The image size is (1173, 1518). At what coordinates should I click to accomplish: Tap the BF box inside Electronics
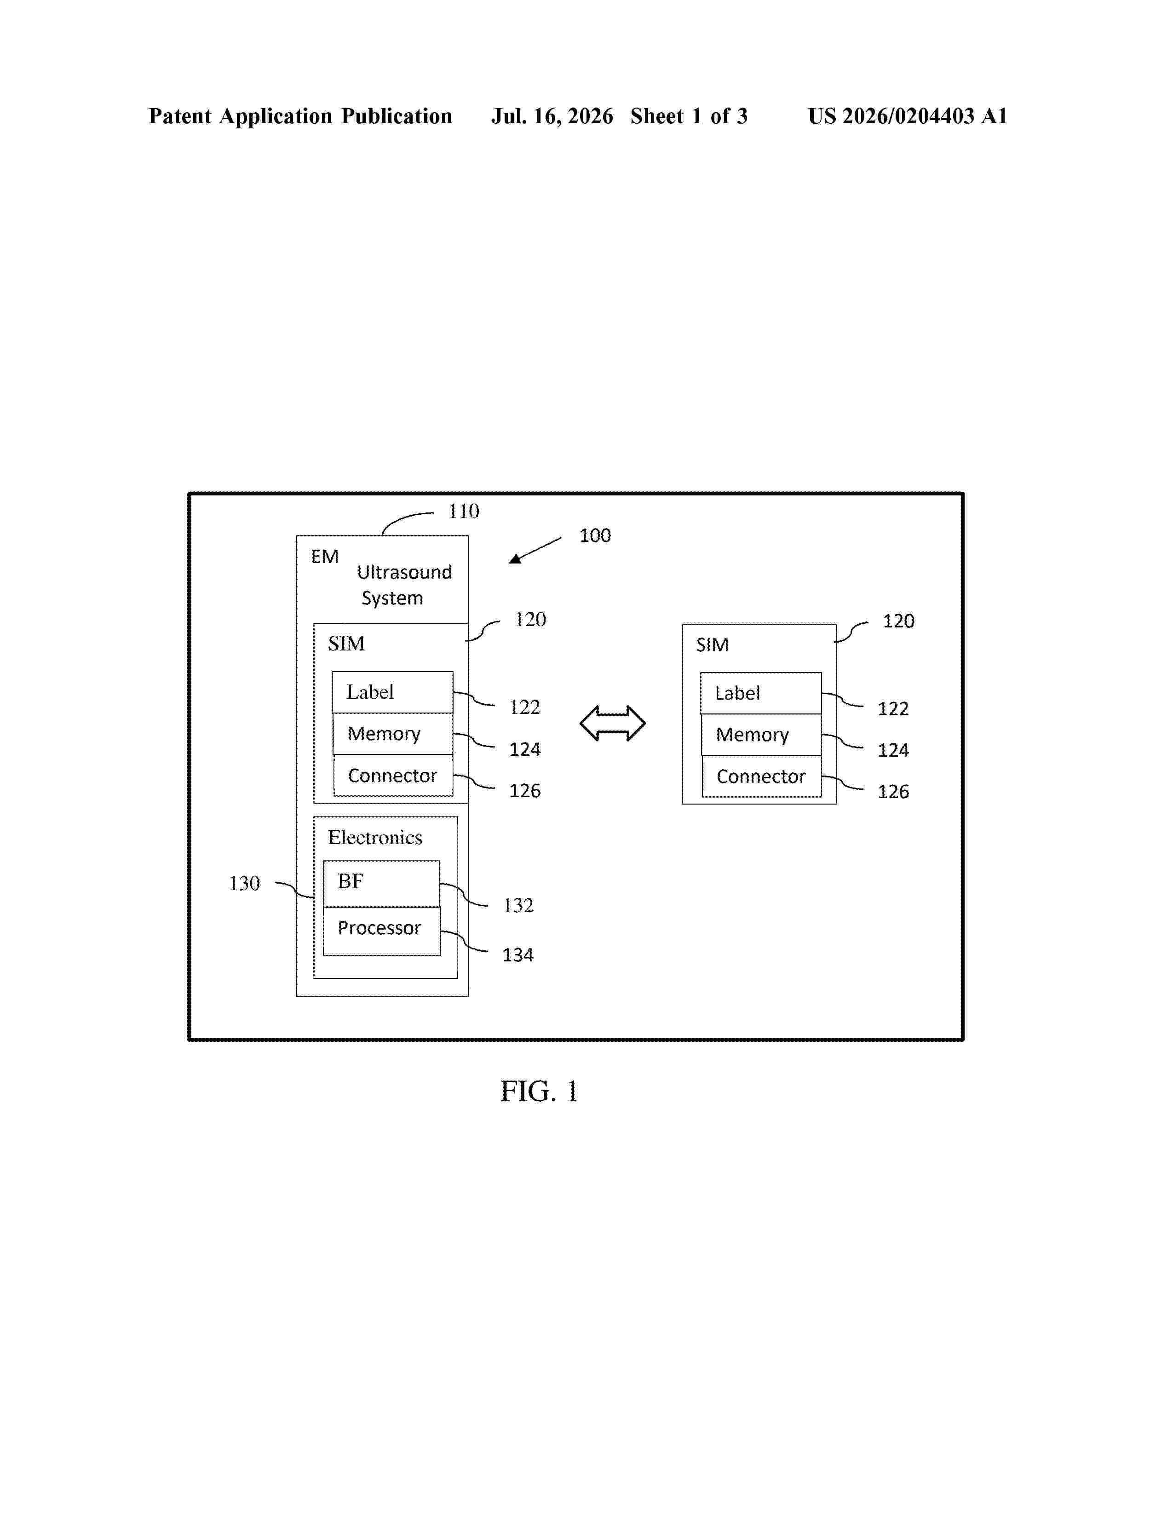tap(381, 883)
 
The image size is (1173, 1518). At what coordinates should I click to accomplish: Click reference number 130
tap(245, 883)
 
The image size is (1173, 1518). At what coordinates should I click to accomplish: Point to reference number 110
tap(464, 512)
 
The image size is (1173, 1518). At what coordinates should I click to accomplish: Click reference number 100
tap(595, 535)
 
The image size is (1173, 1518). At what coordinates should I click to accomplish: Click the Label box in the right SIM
tap(761, 693)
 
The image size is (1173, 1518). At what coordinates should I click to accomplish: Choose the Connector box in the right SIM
tap(762, 776)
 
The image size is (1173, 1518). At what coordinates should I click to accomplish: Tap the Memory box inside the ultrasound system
tap(393, 733)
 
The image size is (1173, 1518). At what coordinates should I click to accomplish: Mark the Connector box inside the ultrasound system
tap(393, 775)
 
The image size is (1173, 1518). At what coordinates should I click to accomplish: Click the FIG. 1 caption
tap(539, 1091)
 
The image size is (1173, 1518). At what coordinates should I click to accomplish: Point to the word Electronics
tap(375, 838)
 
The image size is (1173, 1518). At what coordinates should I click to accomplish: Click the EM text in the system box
tap(324, 557)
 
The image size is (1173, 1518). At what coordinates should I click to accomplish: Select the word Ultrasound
tap(404, 572)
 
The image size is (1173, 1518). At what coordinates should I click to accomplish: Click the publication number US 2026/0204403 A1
tap(908, 116)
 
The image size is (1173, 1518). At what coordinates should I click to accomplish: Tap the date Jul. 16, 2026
tap(552, 116)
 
